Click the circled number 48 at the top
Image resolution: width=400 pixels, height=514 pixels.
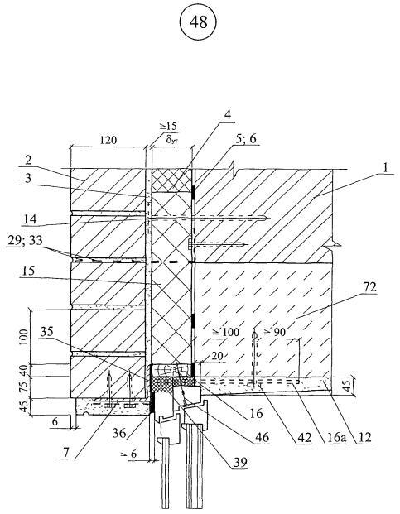coord(198,22)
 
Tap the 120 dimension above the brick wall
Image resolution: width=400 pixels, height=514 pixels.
coord(108,141)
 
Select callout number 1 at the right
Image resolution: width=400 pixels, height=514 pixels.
coord(385,168)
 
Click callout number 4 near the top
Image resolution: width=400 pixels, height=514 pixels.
coord(227,115)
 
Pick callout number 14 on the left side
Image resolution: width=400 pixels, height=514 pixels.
coord(30,219)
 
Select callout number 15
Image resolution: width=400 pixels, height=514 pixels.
coord(28,271)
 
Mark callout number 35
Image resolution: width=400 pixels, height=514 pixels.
coord(46,332)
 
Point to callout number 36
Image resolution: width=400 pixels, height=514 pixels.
coord(118,433)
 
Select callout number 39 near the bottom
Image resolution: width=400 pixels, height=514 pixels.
coord(239,462)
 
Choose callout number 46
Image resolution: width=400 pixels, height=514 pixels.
coord(262,437)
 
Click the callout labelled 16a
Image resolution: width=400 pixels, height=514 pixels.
coord(335,437)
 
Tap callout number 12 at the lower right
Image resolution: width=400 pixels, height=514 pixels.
coord(364,437)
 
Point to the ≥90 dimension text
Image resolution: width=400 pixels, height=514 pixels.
coord(274,332)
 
